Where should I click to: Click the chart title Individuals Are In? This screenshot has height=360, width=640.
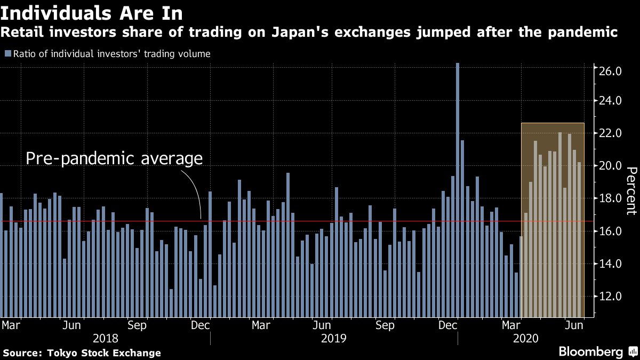point(95,13)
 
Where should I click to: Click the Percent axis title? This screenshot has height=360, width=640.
point(630,190)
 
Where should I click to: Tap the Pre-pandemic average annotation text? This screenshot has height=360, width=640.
point(114,158)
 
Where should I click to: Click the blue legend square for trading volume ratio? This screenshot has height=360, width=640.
point(7,53)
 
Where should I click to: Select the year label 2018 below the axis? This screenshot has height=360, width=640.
point(106,339)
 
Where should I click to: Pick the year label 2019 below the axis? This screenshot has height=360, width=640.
point(334,339)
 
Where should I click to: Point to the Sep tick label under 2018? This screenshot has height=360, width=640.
point(138,325)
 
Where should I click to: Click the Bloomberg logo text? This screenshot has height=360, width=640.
point(590,352)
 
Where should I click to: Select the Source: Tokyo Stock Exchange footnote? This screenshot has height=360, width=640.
point(82,353)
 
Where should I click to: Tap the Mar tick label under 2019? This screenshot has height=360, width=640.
point(261,325)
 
